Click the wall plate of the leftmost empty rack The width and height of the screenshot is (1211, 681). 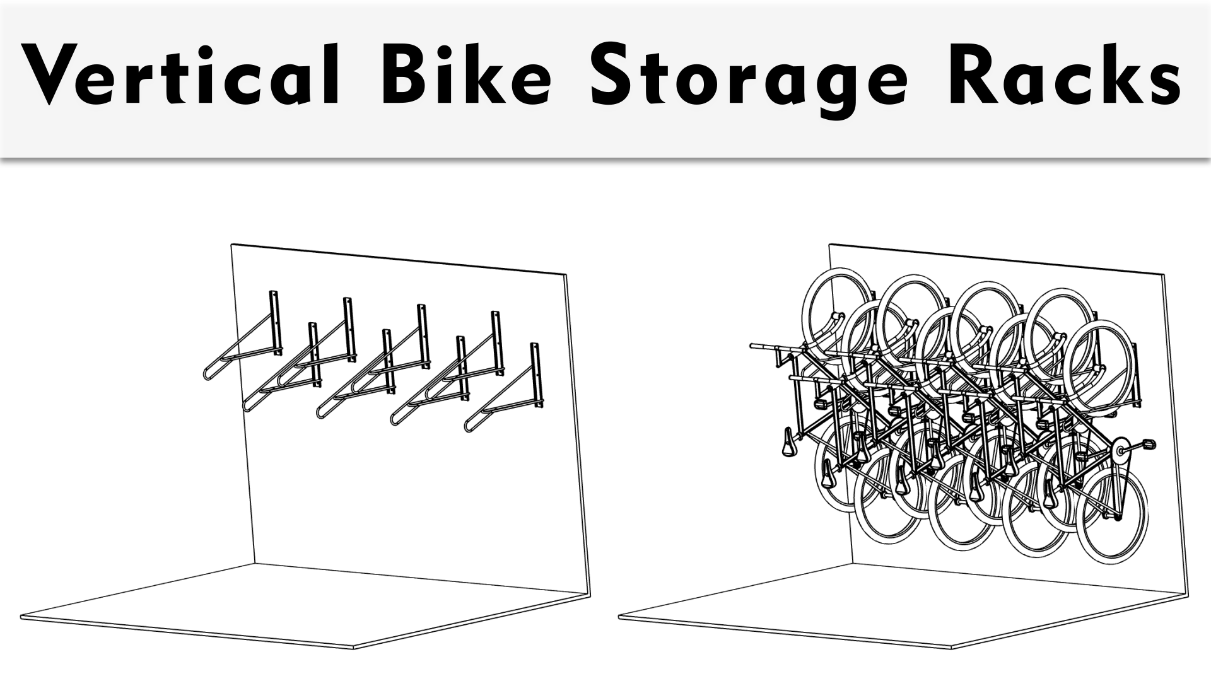coord(275,322)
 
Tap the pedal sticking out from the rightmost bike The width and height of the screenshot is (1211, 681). coord(1149,445)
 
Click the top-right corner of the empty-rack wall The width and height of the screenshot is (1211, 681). coord(565,275)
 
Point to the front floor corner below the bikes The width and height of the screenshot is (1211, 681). coord(951,648)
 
